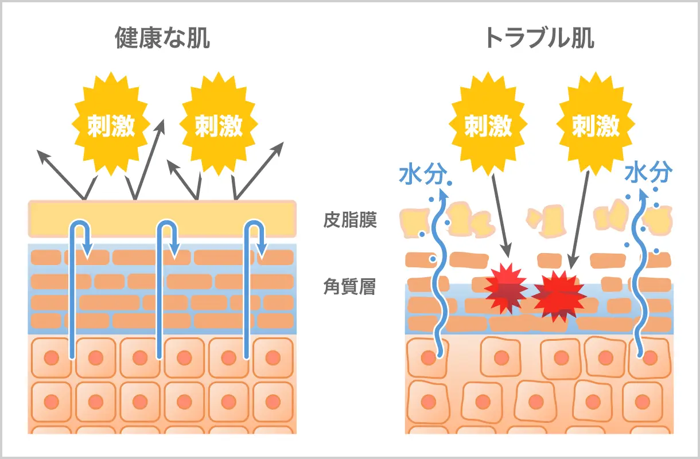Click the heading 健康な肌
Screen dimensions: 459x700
(162, 38)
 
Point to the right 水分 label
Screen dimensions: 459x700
(648, 172)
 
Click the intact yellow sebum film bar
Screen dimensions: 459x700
(162, 219)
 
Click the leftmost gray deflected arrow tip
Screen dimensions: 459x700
(40, 151)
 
